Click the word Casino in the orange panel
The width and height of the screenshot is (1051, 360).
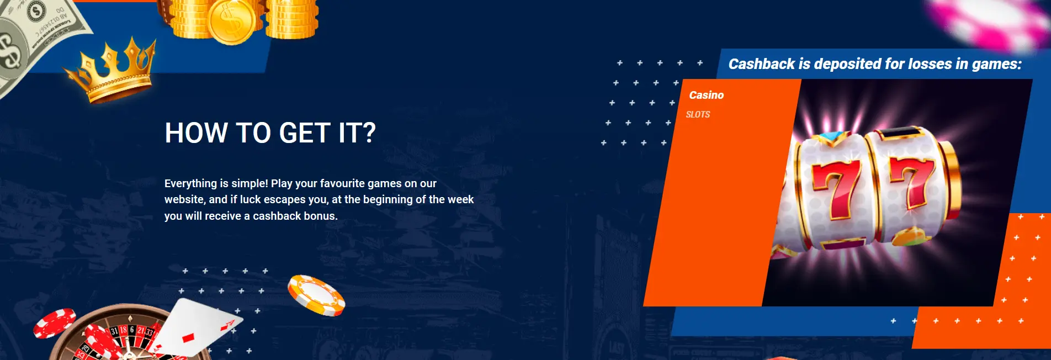pyautogui.click(x=706, y=95)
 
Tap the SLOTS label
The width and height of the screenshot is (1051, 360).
pyautogui.click(x=698, y=114)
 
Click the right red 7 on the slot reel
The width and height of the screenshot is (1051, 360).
pyautogui.click(x=912, y=182)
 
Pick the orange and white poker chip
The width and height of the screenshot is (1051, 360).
pyautogui.click(x=316, y=295)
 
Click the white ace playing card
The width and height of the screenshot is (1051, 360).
pyautogui.click(x=193, y=329)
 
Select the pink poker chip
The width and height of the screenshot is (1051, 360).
pyautogui.click(x=988, y=22)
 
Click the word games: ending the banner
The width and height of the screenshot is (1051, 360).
pyautogui.click(x=996, y=64)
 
